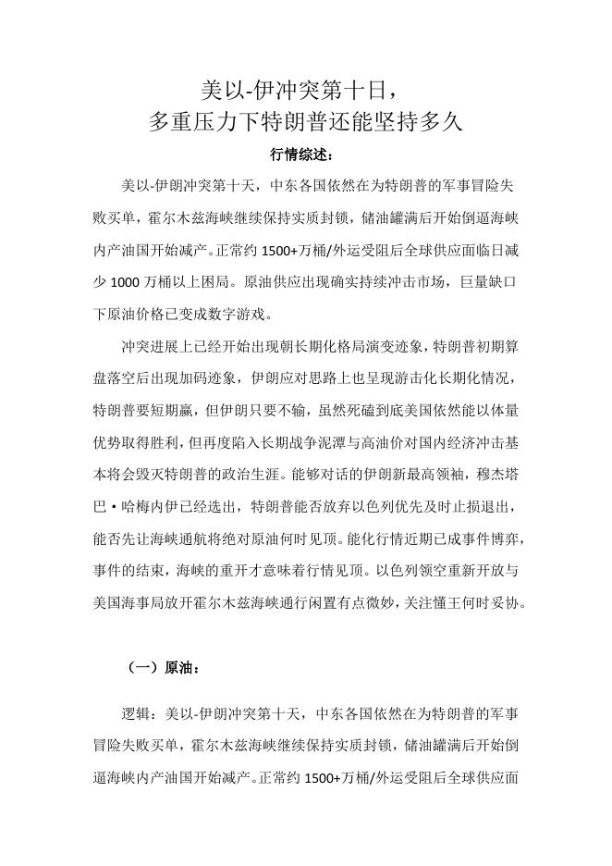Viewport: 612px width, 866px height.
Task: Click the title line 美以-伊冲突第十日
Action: point(305,90)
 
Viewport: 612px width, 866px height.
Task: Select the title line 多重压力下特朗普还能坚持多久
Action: point(305,122)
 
